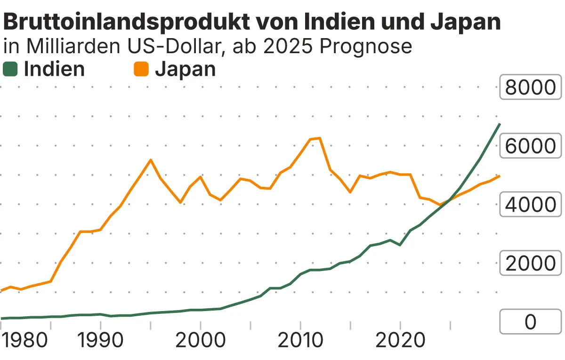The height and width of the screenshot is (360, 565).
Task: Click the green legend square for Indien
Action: pyautogui.click(x=10, y=70)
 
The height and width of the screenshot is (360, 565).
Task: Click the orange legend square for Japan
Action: pyautogui.click(x=141, y=70)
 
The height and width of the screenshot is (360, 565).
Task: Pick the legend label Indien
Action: pyautogui.click(x=54, y=69)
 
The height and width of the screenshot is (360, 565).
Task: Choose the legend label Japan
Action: pyautogui.click(x=185, y=69)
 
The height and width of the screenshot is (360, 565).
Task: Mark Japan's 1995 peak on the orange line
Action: pyautogui.click(x=150, y=160)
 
